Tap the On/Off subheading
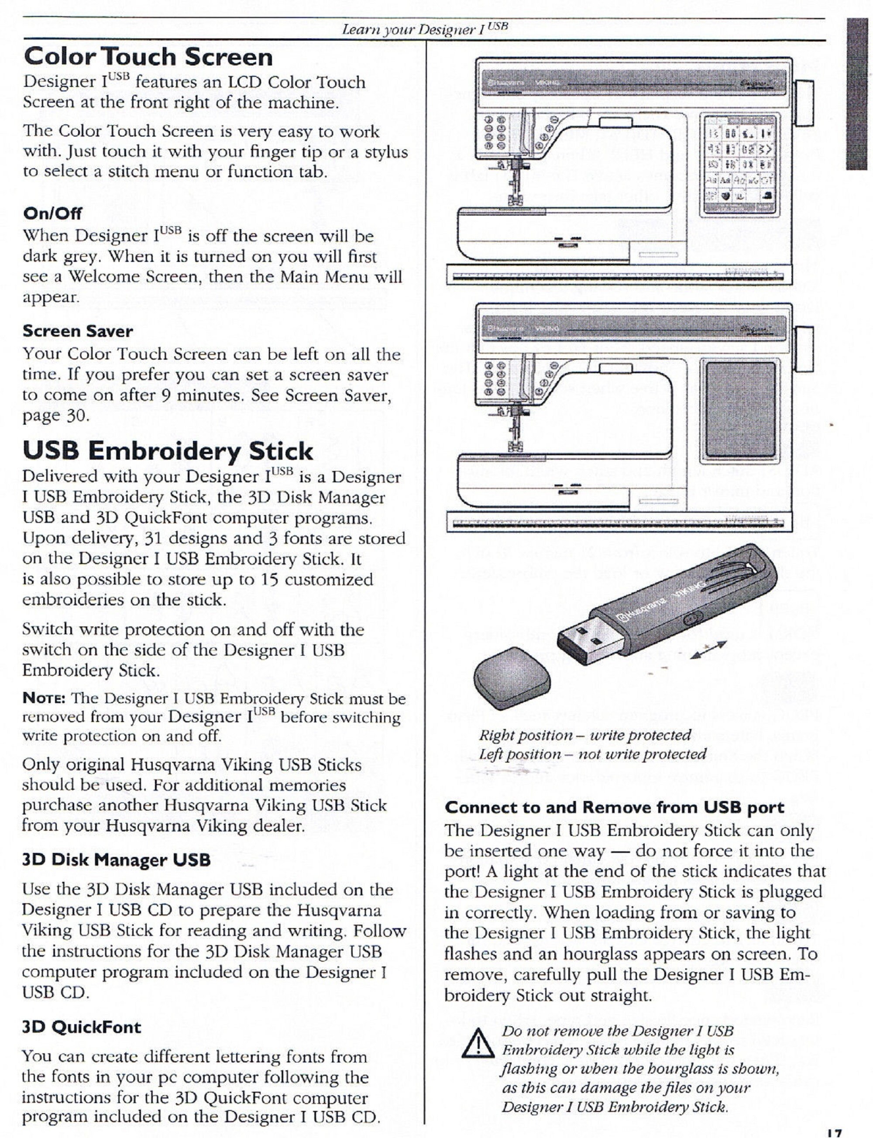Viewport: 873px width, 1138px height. [x=52, y=213]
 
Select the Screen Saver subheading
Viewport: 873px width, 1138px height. [x=77, y=331]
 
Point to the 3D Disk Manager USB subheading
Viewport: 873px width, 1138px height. [x=116, y=860]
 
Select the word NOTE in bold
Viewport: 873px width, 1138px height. [x=43, y=698]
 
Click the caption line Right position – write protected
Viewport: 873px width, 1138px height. [x=584, y=735]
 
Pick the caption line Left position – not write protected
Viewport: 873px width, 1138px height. [x=592, y=753]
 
